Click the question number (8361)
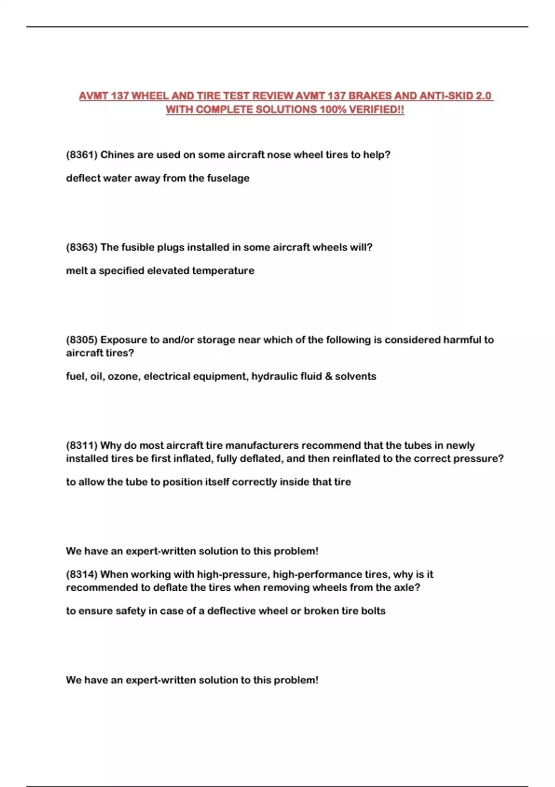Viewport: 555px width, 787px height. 82,155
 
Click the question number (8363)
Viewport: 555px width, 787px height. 82,247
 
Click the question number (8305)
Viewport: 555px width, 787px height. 82,340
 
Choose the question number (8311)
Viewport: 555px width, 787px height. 82,445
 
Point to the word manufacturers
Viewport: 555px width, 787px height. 262,445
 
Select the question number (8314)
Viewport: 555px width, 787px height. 82,575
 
